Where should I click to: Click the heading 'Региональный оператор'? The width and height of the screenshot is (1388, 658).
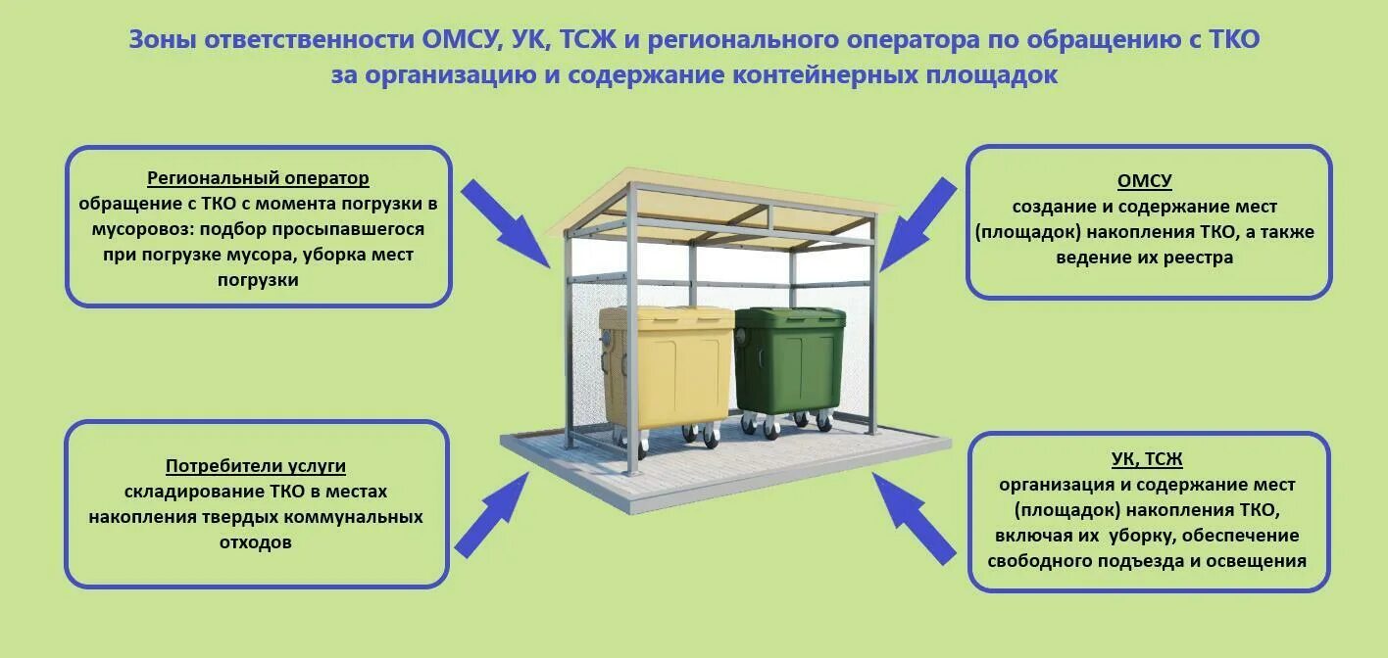coord(258,178)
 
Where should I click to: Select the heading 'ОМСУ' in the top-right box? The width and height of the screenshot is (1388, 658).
coord(1144,181)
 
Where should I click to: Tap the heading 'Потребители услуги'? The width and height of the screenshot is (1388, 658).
coord(255,466)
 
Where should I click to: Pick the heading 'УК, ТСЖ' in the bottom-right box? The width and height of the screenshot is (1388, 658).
coord(1148,459)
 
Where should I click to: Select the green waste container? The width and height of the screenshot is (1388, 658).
coord(788,362)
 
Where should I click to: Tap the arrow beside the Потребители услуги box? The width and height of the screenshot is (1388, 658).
coord(492,512)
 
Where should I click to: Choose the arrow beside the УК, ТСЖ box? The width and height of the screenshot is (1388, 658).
coord(914,517)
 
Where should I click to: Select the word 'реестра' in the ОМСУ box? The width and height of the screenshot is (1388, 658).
coord(1199,258)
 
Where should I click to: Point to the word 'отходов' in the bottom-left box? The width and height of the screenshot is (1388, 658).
coord(255,541)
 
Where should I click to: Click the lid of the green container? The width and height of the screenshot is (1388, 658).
coord(789,318)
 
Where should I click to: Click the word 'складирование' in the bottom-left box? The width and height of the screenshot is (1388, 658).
coord(179,492)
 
